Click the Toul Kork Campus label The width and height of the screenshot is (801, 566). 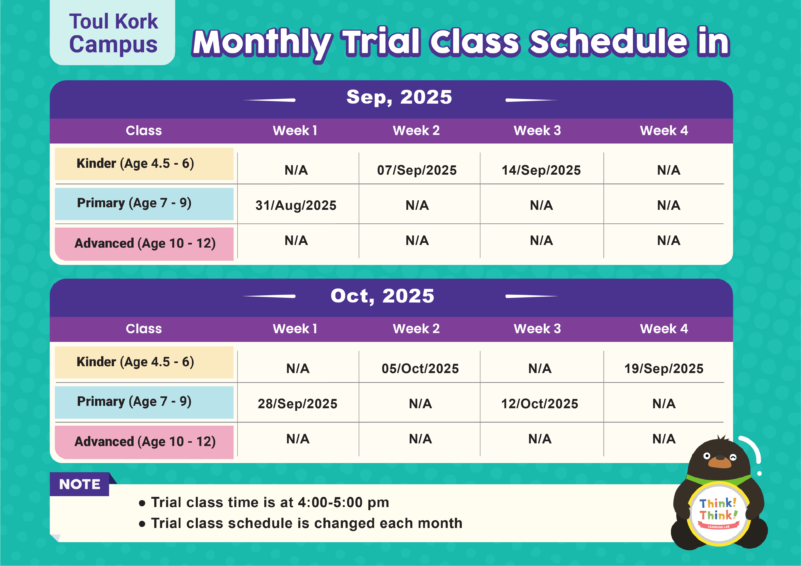(113, 33)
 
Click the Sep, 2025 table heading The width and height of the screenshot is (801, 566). (399, 97)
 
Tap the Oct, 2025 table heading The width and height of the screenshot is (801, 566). (382, 296)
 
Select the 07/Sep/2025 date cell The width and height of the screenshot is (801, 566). (417, 170)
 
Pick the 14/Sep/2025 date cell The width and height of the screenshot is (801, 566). (541, 170)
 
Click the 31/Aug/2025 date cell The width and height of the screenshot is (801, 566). (296, 205)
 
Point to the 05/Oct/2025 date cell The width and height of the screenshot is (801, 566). (420, 369)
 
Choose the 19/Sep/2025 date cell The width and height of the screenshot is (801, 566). (664, 369)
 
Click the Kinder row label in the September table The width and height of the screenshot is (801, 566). (135, 163)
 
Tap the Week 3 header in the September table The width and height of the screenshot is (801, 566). (537, 131)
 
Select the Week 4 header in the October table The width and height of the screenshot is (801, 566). (664, 329)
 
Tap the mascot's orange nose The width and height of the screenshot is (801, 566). (719, 462)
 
